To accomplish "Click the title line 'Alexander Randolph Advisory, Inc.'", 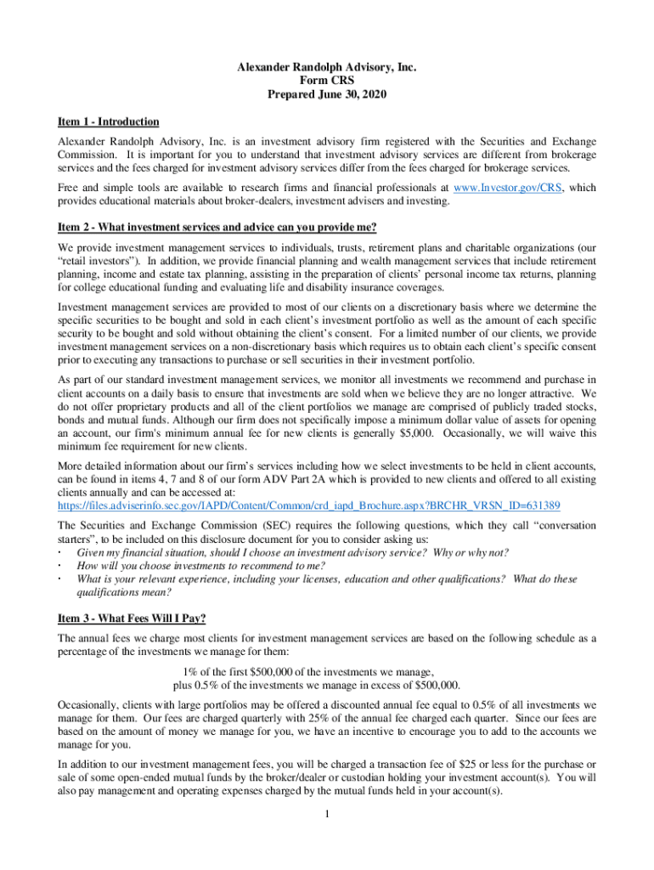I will click(327, 67).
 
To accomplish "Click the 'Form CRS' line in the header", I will click(327, 81).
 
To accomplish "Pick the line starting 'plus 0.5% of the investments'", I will click(317, 685).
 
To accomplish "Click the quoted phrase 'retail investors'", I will click(93, 262).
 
